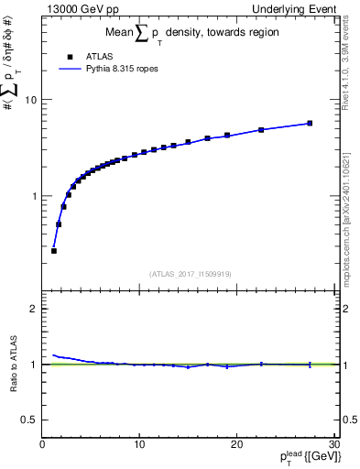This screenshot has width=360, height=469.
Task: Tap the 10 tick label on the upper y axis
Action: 31,100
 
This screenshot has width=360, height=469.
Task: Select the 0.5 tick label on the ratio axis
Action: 30,420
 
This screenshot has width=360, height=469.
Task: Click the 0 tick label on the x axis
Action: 42,445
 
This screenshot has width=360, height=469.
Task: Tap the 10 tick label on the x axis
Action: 139,445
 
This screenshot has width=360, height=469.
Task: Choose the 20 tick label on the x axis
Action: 236,445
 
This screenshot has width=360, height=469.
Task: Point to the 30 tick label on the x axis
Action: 333,445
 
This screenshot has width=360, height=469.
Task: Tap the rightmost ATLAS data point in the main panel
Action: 310,123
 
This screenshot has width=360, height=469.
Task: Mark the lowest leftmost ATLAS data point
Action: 54,250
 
